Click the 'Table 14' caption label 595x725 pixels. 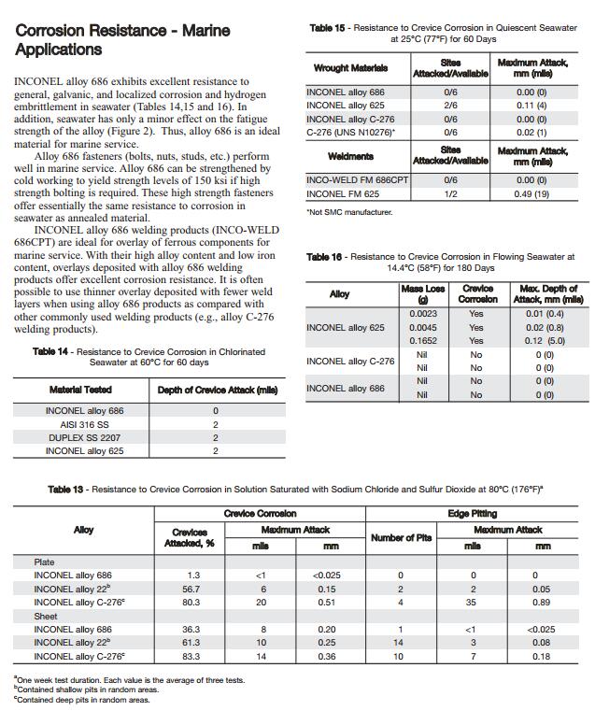51,351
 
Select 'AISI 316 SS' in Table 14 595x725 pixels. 84,424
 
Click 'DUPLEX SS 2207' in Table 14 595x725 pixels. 84,437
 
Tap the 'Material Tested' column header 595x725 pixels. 80,389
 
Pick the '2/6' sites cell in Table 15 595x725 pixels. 450,106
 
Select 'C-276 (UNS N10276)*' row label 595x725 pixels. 350,133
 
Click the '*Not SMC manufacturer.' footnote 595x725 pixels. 349,213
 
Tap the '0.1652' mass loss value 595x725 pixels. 422,341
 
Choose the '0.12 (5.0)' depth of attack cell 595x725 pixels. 547,341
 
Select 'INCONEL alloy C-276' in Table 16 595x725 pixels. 350,361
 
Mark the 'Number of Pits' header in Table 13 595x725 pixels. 400,537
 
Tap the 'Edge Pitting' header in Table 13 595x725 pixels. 472,513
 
